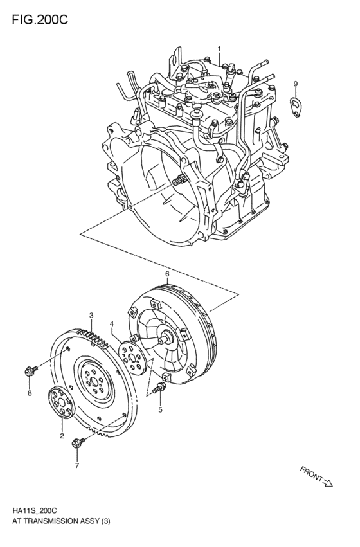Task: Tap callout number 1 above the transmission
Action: point(219,49)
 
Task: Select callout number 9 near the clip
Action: point(296,84)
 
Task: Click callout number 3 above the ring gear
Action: point(91,316)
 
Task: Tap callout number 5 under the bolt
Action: point(161,409)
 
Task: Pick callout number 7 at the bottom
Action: point(76,465)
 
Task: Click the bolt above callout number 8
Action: point(30,371)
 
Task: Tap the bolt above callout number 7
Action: point(78,442)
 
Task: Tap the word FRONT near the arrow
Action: point(311,474)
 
